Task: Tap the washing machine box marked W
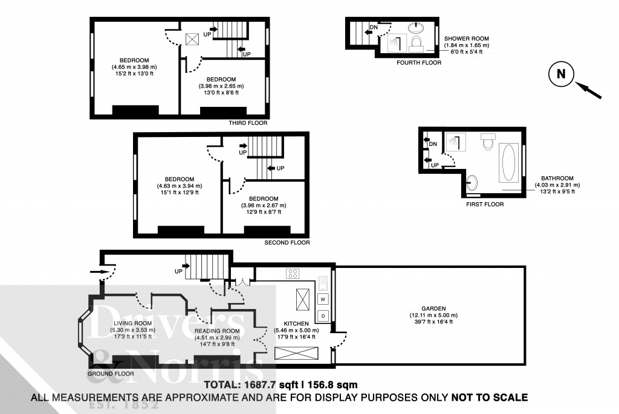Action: [323, 299]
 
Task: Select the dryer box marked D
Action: [323, 316]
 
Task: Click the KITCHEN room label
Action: [297, 323]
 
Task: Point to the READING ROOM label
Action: [217, 331]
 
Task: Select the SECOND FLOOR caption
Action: [287, 243]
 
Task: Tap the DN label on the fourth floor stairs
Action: [374, 27]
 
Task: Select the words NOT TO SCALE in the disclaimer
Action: [490, 397]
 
